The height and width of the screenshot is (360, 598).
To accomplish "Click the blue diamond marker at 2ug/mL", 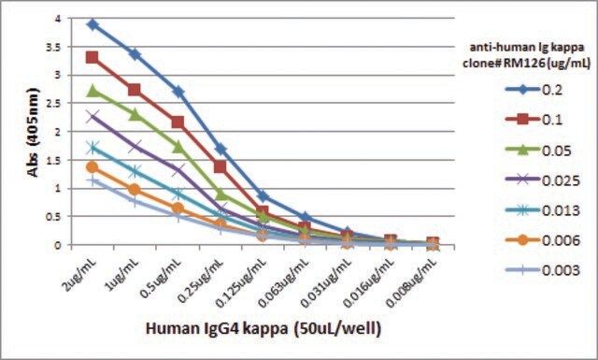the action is [93, 25].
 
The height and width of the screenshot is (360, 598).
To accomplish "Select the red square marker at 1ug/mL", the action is [135, 90].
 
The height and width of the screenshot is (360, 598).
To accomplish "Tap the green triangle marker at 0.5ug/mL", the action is [178, 146].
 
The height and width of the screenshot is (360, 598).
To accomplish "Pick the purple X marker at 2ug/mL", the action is [93, 117].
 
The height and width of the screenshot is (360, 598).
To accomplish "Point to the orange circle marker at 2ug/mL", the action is [93, 166].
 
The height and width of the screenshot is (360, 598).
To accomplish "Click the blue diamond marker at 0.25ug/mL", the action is [221, 149].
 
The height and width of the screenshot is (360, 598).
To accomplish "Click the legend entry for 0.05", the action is [538, 151].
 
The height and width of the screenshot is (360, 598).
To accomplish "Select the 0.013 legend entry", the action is [543, 210].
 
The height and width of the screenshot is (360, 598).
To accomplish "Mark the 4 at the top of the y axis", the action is [58, 19].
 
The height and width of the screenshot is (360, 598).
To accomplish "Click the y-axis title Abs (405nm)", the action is [34, 133].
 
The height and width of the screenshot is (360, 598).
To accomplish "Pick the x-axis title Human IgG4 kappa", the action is [217, 328].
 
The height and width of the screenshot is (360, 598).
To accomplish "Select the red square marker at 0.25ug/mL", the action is [221, 166].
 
